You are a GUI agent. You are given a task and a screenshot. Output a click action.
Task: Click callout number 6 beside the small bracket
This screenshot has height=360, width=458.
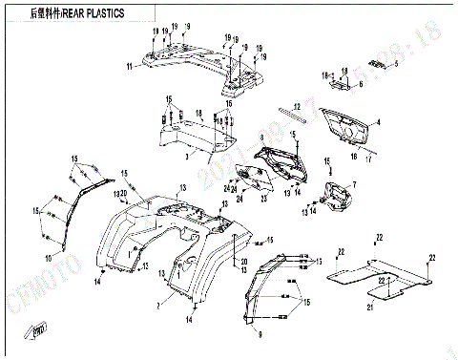click(361, 84)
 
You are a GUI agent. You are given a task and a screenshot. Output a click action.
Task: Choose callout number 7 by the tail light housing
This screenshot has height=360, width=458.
click(354, 182)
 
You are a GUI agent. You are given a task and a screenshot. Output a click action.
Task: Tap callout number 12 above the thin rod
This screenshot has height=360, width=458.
click(297, 106)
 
